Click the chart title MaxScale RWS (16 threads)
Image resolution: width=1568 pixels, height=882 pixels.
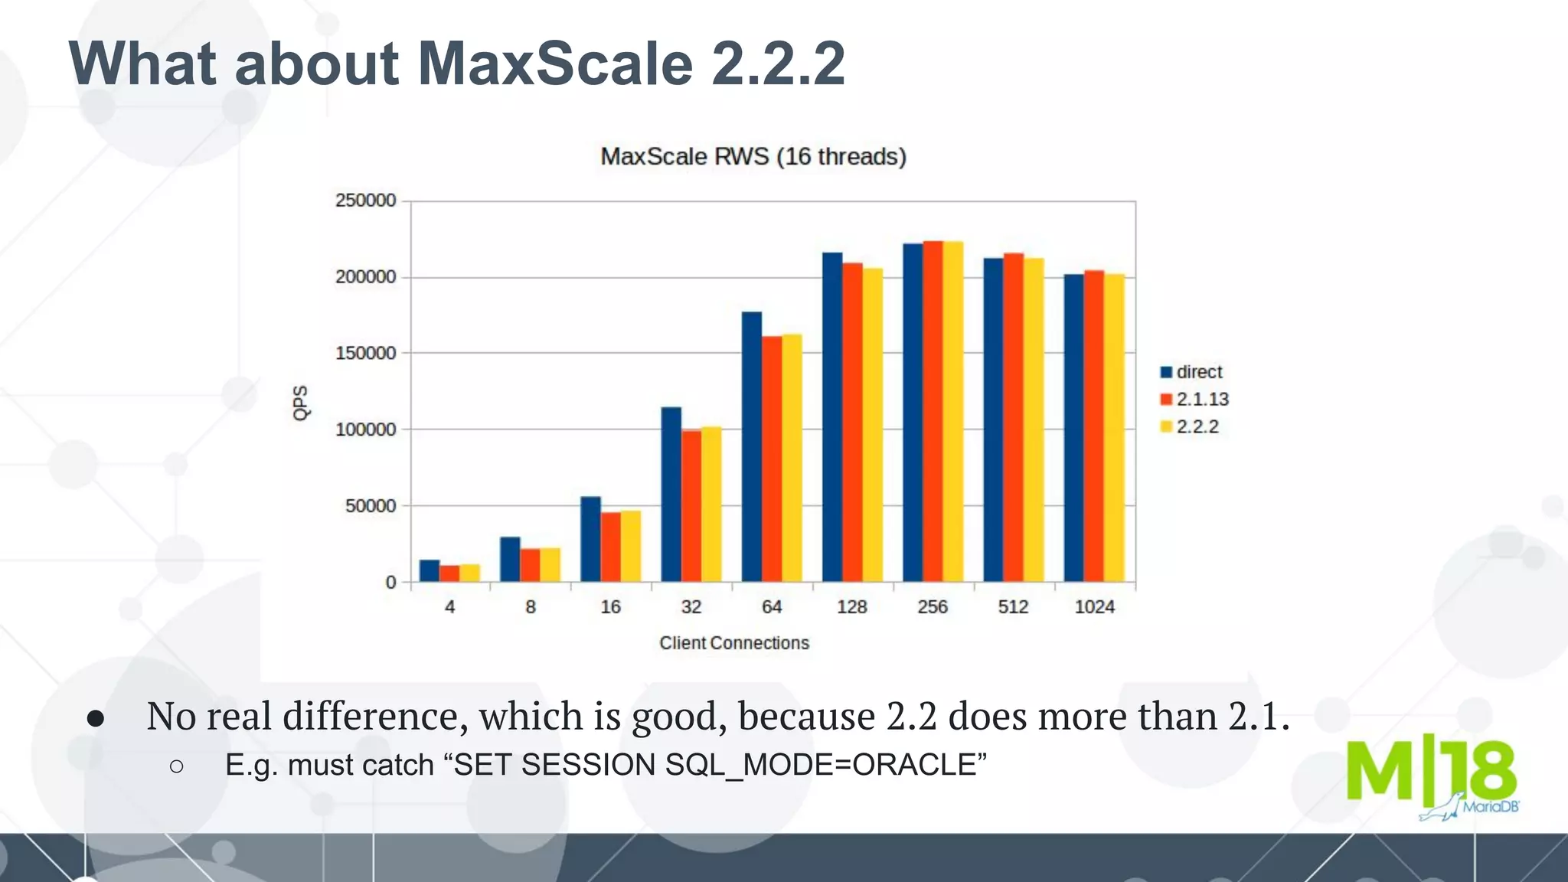point(753,156)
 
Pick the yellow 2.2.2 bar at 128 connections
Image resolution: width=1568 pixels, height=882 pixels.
point(872,425)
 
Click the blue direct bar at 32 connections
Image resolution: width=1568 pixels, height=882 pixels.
point(671,495)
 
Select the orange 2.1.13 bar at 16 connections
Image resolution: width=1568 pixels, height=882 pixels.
point(610,547)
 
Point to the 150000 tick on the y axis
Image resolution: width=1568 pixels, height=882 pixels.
point(365,354)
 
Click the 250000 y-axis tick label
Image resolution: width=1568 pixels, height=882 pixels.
point(365,201)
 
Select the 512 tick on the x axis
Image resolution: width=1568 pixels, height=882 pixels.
point(1013,607)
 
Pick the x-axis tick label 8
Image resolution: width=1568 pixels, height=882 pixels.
point(530,607)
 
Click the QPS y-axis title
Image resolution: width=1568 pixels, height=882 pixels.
point(301,403)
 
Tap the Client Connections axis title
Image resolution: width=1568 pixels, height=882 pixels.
point(734,643)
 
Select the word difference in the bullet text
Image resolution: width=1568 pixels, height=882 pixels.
point(375,717)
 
